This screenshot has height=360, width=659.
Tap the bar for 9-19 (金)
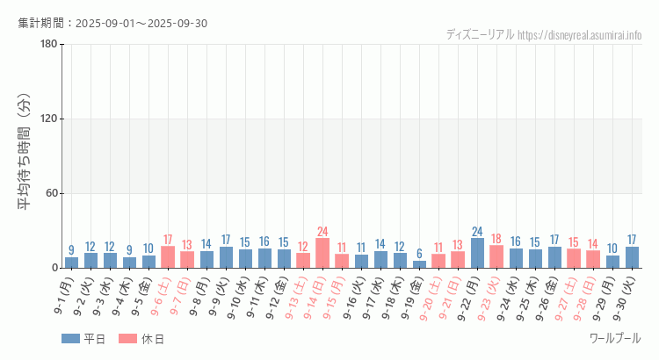coord(419,264)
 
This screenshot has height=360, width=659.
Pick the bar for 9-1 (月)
coord(71,263)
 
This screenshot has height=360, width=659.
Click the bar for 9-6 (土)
coord(168,257)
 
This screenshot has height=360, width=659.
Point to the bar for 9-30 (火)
coord(632,257)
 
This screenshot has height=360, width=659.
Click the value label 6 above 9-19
coord(419,254)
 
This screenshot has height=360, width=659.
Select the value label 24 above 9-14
coord(322,232)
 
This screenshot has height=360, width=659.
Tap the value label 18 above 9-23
coord(496,239)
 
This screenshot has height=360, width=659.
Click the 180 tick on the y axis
coord(49,45)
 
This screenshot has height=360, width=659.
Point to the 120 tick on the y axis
coord(49,119)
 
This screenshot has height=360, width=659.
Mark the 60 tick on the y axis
coord(52,193)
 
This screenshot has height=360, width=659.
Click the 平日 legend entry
coord(84,339)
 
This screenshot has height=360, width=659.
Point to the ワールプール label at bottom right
coord(615,338)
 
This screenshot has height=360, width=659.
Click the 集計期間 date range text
coord(112,23)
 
